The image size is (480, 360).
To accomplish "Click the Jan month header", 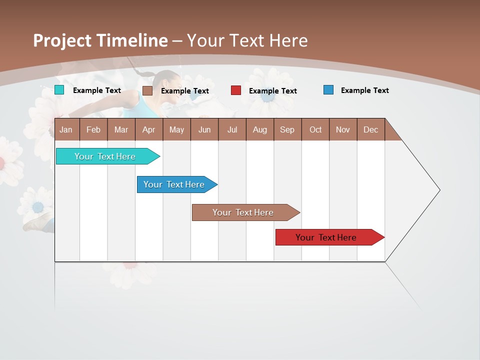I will [66, 129].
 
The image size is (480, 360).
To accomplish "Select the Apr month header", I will [148, 129].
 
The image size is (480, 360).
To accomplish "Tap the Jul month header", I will [232, 129].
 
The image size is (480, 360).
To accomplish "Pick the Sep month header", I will [287, 129].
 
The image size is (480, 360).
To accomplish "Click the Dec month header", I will [370, 129].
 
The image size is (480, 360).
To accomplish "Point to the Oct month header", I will [315, 129].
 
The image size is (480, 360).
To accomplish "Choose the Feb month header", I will [93, 129].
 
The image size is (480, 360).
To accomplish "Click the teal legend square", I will [59, 90].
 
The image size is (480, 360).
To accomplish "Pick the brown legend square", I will [147, 90].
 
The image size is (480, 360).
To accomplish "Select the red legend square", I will [235, 90].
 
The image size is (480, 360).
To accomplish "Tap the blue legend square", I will [328, 90].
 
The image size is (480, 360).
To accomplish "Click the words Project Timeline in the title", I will [100, 40].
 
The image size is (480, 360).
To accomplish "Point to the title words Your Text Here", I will [247, 40].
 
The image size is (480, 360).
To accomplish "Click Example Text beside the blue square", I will [364, 90].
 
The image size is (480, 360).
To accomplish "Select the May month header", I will [176, 129].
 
